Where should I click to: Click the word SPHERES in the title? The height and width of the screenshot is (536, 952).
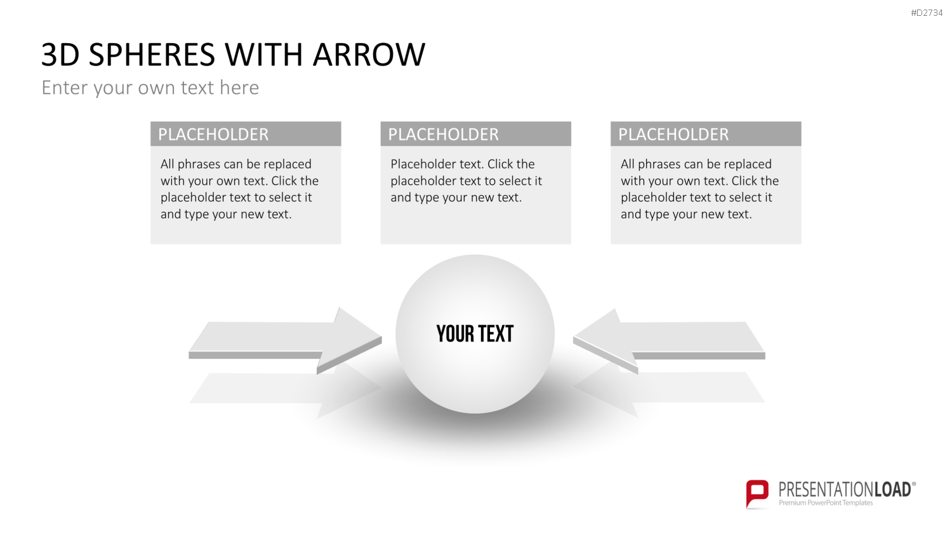[x=152, y=55]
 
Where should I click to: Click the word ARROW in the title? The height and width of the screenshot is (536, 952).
[x=369, y=55]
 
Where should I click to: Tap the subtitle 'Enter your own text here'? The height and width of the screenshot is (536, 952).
[x=150, y=88]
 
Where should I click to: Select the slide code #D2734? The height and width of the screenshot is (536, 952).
[x=927, y=13]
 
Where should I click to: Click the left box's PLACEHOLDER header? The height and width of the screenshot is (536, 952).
[x=213, y=135]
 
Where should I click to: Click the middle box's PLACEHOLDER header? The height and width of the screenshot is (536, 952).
[x=443, y=135]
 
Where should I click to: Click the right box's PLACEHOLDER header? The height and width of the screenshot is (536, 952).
[x=673, y=135]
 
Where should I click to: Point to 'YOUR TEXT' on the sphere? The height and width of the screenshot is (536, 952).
[x=475, y=333]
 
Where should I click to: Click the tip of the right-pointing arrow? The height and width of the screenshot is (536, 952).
[x=381, y=338]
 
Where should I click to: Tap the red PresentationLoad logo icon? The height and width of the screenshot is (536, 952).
[x=757, y=494]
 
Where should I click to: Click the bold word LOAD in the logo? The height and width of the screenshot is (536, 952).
[x=892, y=490]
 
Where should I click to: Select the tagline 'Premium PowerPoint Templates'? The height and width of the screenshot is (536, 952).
[x=826, y=503]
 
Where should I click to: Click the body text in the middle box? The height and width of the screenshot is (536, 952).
[x=466, y=181]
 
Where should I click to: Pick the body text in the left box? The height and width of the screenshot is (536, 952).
[x=240, y=189]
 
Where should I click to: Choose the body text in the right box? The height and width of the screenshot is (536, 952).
[x=699, y=189]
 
